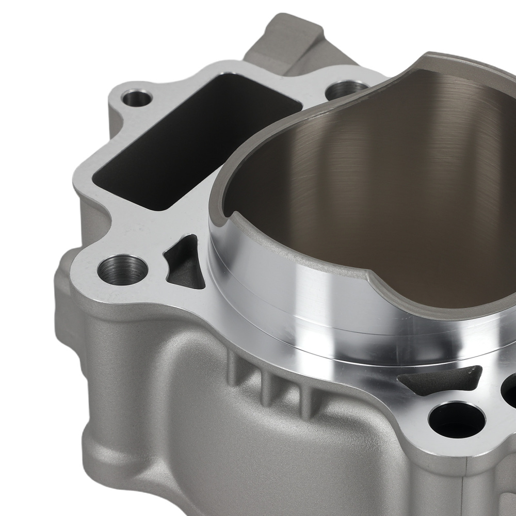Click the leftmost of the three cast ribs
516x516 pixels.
(x=235, y=369)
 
